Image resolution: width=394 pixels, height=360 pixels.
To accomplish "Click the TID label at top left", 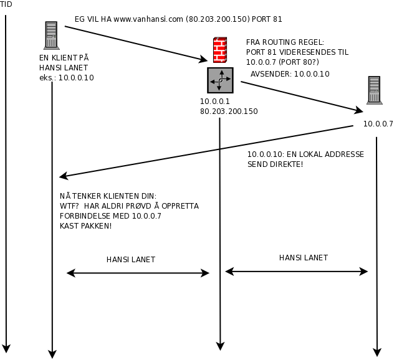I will tap(6, 4).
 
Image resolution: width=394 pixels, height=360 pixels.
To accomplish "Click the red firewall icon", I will tap(220, 50).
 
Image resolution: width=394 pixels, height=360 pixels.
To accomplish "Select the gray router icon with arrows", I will tap(220, 80).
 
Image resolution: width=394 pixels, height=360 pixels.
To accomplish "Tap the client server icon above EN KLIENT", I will tap(52, 35).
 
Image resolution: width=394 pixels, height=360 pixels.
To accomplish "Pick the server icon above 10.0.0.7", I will tap(374, 89).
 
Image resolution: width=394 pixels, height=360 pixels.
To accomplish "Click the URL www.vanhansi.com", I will tap(148, 19).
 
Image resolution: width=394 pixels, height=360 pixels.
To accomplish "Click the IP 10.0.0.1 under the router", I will tap(215, 102).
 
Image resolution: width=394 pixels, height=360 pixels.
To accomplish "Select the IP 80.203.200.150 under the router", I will tap(229, 111).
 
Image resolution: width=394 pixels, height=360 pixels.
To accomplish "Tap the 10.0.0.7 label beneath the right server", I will tap(378, 123).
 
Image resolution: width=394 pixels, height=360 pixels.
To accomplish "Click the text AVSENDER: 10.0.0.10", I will tap(290, 74).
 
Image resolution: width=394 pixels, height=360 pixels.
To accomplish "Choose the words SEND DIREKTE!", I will tap(276, 164).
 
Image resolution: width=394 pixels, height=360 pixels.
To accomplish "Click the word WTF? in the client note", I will tap(69, 206).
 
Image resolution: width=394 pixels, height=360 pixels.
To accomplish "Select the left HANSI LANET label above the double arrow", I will tap(131, 260).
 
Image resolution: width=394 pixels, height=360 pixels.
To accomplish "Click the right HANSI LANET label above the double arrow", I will tap(303, 257).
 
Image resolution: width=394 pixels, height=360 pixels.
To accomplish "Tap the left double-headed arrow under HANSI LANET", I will tap(138, 273).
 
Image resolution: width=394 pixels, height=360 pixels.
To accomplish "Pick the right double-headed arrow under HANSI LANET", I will tap(296, 272).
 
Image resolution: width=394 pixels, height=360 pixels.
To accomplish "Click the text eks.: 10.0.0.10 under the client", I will tap(67, 78).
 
